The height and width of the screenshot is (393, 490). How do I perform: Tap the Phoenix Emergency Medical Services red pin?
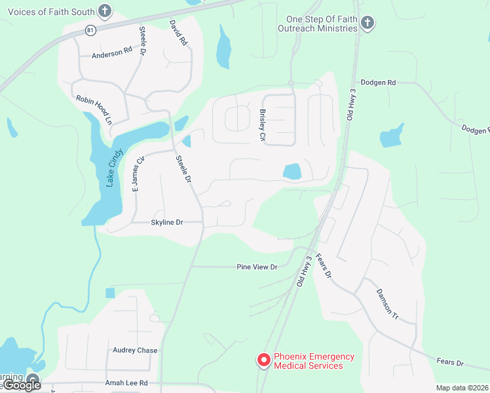[263, 360]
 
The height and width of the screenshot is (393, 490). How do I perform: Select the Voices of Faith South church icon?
[104, 10]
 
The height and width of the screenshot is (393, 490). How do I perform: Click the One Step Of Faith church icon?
[367, 24]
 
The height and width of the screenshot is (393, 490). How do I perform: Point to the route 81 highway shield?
[90, 29]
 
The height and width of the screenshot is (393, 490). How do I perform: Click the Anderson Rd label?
[112, 53]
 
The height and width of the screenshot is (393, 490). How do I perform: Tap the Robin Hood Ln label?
[94, 109]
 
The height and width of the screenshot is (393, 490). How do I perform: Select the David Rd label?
[178, 33]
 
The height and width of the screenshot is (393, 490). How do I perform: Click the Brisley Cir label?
[262, 126]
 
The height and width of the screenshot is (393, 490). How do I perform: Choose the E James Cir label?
[138, 174]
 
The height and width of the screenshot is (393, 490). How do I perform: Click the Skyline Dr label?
[167, 223]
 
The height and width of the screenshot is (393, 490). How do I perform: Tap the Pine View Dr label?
[257, 267]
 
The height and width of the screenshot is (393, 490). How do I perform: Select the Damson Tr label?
[387, 303]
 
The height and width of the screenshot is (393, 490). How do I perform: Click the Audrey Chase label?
[135, 350]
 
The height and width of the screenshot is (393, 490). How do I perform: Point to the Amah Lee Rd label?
[126, 383]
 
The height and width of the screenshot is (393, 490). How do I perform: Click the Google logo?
[22, 385]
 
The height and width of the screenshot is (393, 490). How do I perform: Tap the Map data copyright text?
[462, 388]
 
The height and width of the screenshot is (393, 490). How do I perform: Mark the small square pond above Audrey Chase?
[109, 293]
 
